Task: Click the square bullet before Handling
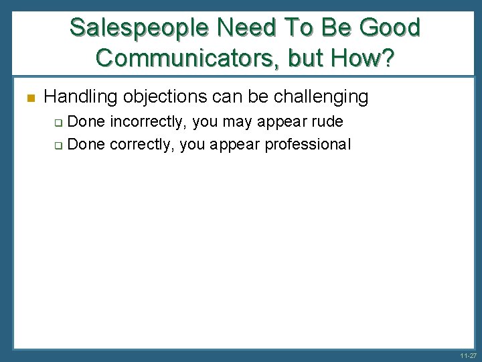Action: coord(28,98)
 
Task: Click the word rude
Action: coord(327,123)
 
